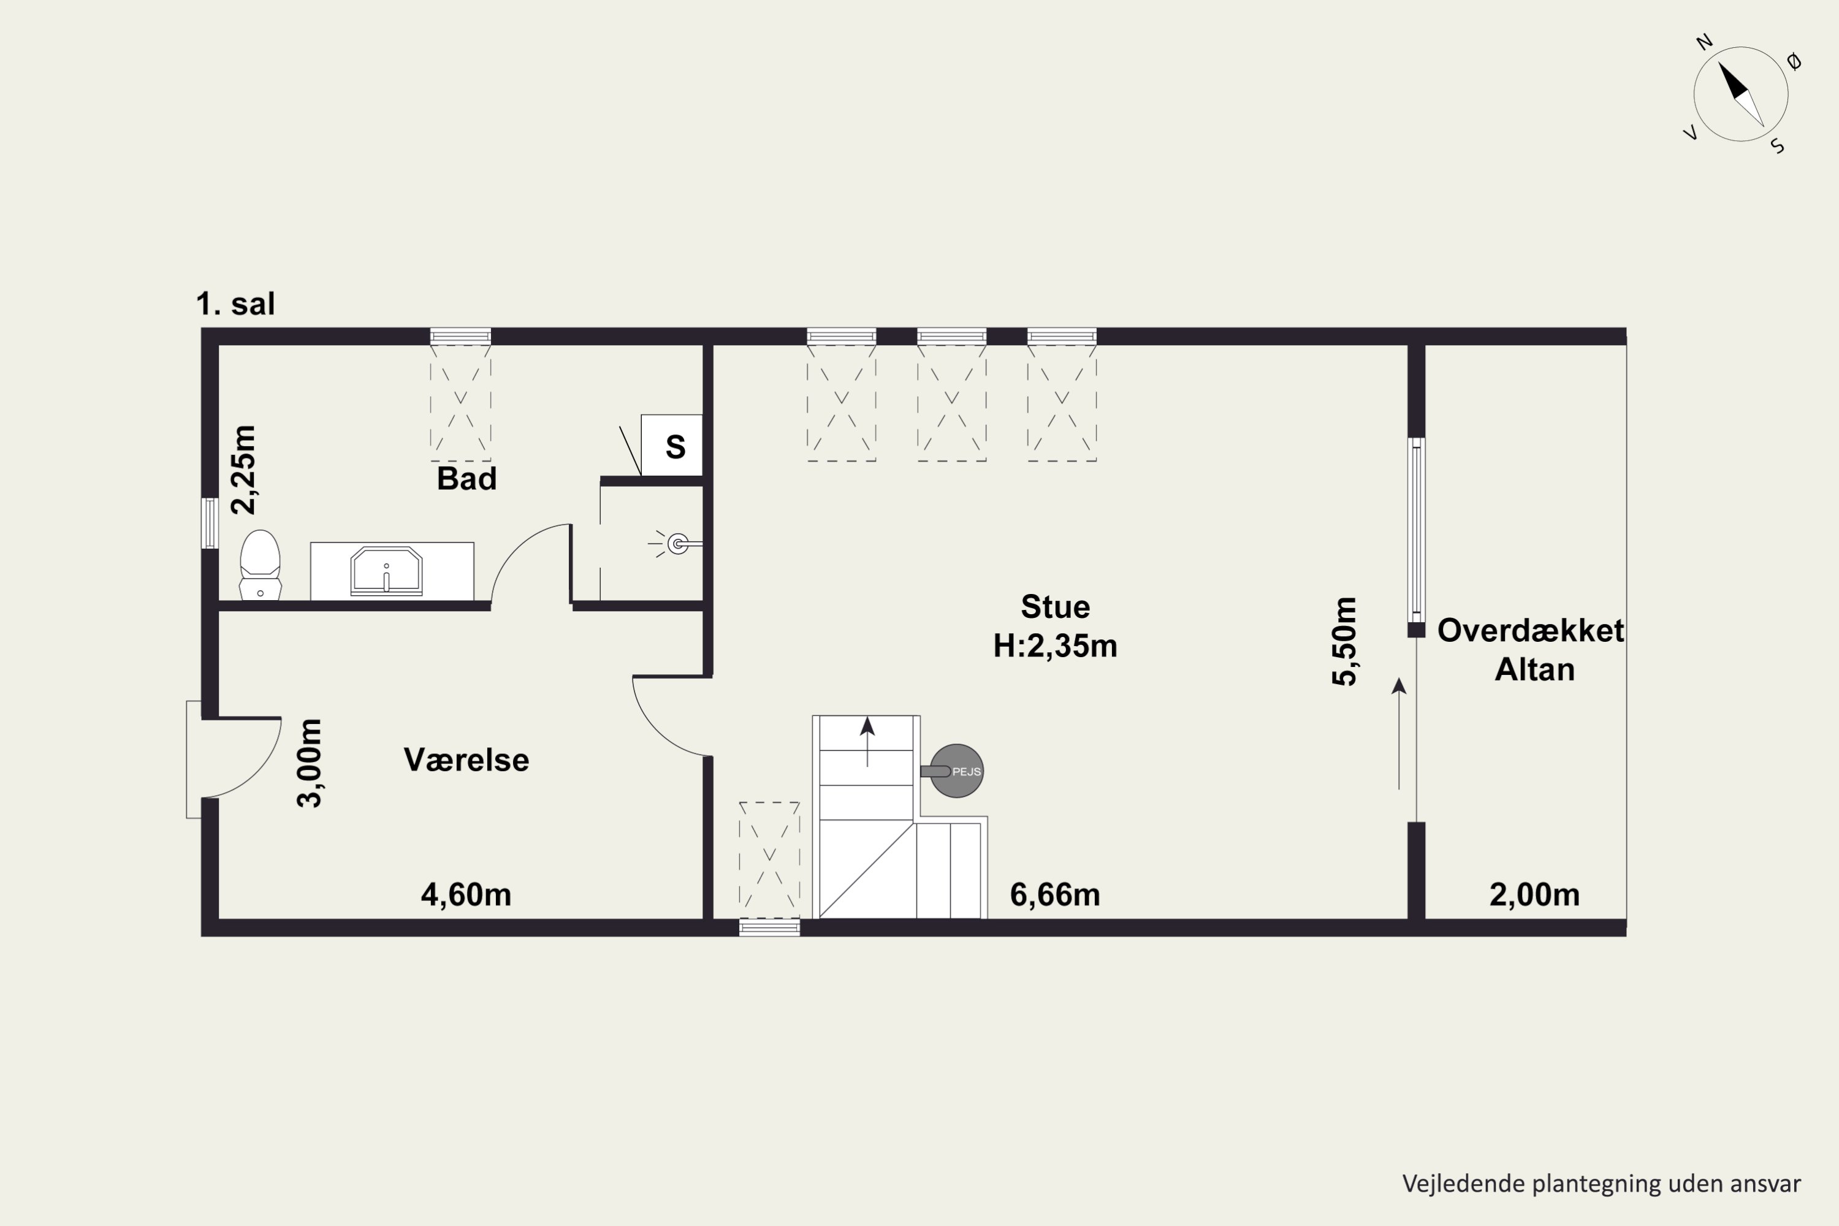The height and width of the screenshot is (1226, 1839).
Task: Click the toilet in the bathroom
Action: coord(261,565)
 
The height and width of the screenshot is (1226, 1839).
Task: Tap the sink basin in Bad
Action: coord(386,571)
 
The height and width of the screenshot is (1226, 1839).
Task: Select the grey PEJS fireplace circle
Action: coord(956,771)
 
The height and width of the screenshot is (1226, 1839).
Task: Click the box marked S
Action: coord(672,445)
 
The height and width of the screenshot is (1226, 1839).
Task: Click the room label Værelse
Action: coord(466,760)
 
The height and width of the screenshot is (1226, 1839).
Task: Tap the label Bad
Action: coord(466,479)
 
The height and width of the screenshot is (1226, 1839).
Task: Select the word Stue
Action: coord(1056,607)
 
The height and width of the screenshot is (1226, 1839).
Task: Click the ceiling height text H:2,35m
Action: coord(1056,646)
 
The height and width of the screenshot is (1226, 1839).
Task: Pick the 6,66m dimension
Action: coord(1055,894)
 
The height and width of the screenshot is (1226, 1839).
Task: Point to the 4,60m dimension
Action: coord(466,894)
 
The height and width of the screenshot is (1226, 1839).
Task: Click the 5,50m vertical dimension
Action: coord(1344,641)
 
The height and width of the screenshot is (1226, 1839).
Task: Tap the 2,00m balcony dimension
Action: coord(1535,894)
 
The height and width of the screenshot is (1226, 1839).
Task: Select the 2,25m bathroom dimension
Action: coord(244,470)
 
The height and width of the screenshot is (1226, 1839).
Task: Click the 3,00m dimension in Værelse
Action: coord(310,763)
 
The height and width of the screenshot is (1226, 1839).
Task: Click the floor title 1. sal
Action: coord(235,303)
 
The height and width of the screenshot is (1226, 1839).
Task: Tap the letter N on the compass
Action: coord(1705,42)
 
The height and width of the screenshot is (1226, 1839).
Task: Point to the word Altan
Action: coord(1535,669)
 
